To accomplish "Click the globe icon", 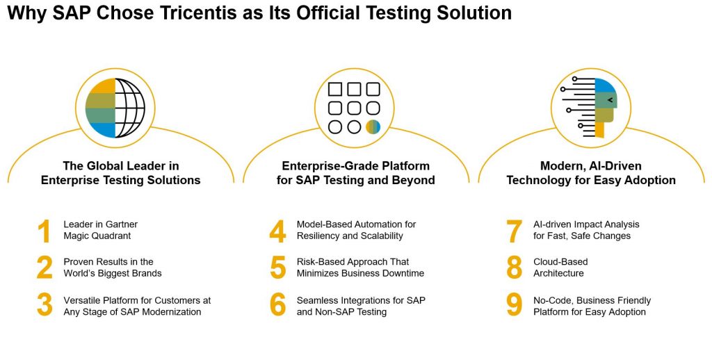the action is (115, 108).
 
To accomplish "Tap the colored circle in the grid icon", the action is (373, 127).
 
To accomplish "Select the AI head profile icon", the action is (589, 108).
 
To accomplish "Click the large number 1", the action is (44, 231).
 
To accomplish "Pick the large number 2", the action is (44, 268).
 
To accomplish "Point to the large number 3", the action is (44, 305).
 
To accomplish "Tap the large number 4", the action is (277, 231).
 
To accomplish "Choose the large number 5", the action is (278, 268).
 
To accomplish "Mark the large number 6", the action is (278, 305).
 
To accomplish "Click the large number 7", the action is (514, 231).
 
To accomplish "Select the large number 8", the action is (514, 268).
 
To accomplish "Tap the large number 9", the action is (514, 305).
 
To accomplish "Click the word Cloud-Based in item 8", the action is (560, 262).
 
